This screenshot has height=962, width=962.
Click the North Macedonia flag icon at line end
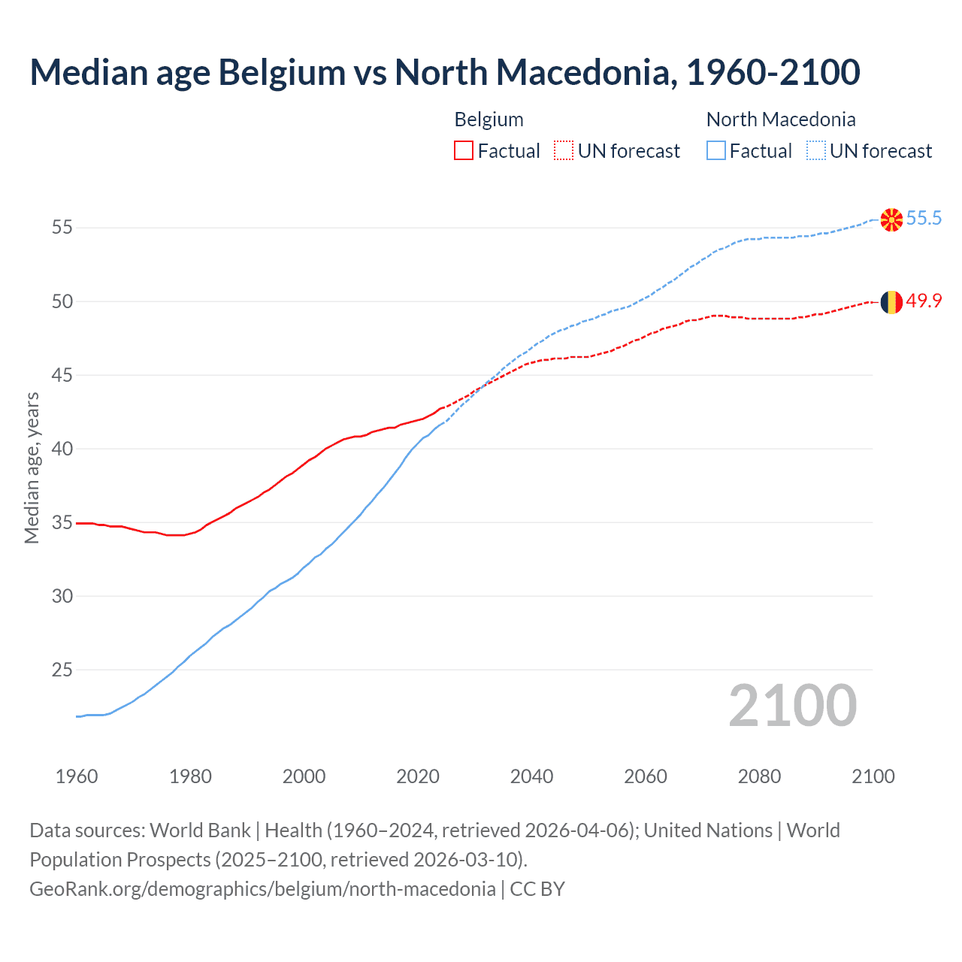coord(891,219)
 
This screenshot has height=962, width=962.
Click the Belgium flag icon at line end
coord(891,302)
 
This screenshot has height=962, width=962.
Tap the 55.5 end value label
coord(924,219)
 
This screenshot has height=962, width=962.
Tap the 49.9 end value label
coord(924,301)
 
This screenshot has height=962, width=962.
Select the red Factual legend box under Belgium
coord(464,151)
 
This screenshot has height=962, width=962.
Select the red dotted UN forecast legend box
coord(564,151)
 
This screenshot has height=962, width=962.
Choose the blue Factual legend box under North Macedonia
coord(716,151)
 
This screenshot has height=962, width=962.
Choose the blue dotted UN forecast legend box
coord(815,151)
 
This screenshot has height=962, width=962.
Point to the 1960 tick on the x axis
coord(77,776)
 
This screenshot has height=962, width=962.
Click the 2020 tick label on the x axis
coord(418,776)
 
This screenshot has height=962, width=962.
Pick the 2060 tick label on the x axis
coord(646,776)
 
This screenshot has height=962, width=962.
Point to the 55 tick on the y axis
coord(62,227)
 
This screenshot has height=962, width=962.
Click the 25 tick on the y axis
coord(62,670)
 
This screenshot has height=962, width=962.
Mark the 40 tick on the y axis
coord(62,449)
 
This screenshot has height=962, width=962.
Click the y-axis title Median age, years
coord(32,467)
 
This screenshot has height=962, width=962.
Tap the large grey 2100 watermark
coord(793,706)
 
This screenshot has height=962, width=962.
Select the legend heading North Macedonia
coord(781,119)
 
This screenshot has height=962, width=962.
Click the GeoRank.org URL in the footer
coord(262,889)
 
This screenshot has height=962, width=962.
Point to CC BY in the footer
coord(537,889)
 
